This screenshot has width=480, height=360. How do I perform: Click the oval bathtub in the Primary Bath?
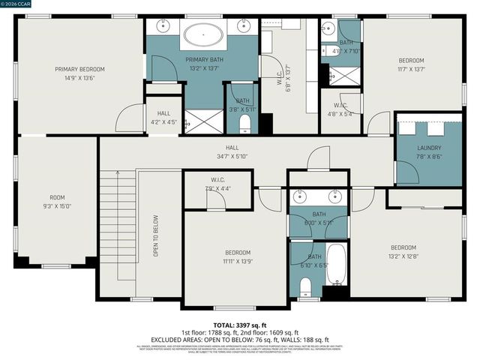pos(204,34)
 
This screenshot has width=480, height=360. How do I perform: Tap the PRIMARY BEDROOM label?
pos(79,73)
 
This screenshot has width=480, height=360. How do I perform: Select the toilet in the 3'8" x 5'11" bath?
pos(243,123)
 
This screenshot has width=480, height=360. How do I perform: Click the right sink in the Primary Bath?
pos(244,26)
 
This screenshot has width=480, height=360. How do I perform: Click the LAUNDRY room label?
pos(429,152)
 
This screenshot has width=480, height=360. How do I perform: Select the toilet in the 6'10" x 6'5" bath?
pos(304,285)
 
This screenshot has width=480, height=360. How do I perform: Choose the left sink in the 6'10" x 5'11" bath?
pos(300,198)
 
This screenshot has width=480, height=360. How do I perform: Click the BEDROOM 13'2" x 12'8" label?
pos(403,251)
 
